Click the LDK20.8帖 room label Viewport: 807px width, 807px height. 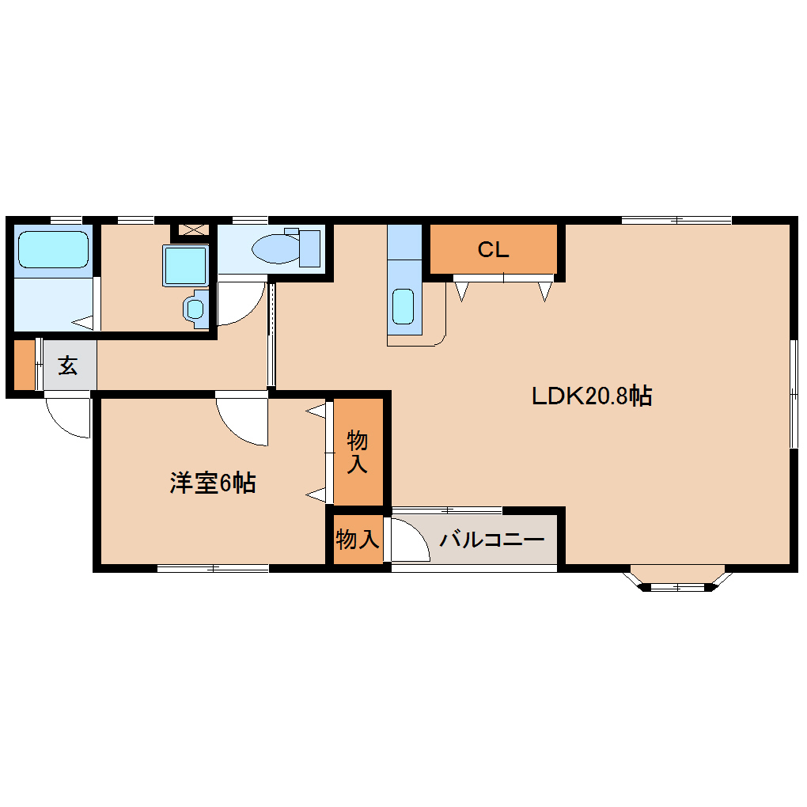pyautogui.click(x=591, y=396)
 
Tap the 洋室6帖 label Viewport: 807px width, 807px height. pyautogui.click(x=212, y=483)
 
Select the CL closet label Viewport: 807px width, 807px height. pyautogui.click(x=492, y=250)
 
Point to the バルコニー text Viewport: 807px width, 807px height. pyautogui.click(x=492, y=541)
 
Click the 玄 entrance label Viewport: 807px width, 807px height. pyautogui.click(x=68, y=366)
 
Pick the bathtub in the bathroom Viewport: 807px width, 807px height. pyautogui.click(x=53, y=249)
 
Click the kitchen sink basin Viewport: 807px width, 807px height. pyautogui.click(x=403, y=306)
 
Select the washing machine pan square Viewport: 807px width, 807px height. pyautogui.click(x=186, y=265)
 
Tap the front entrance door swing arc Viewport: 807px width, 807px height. pyautogui.click(x=69, y=416)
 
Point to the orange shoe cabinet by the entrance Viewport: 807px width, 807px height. pyautogui.click(x=25, y=365)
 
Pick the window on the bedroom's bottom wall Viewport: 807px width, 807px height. pyautogui.click(x=213, y=567)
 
